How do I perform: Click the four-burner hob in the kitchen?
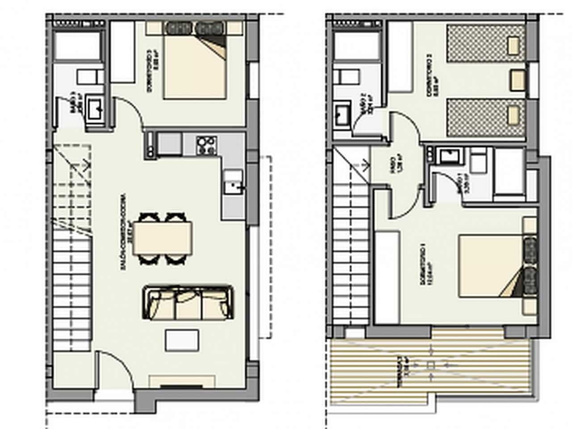coord(206,144)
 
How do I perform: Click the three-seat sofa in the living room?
coord(188,303)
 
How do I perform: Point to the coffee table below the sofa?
coord(182,341)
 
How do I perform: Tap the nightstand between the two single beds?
coord(518,79)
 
